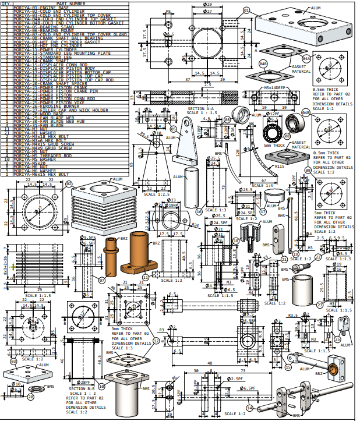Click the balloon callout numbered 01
click(x=246, y=10)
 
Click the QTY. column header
click(x=6, y=3)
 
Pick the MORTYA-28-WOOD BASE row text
click(x=36, y=112)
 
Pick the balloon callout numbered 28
click(x=30, y=398)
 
